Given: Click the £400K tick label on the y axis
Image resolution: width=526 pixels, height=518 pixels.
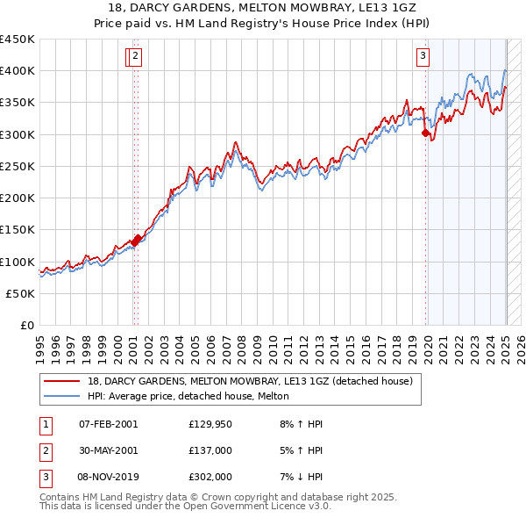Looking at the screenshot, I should [18, 71].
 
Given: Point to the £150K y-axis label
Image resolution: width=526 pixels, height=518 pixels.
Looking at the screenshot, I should [18, 230].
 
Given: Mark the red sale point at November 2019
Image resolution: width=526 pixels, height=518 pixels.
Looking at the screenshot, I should [425, 133].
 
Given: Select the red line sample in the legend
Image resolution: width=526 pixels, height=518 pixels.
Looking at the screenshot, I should [62, 381].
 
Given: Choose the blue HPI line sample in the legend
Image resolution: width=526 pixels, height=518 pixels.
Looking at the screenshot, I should [62, 396].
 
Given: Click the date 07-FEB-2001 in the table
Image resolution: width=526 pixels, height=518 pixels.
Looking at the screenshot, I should [109, 424].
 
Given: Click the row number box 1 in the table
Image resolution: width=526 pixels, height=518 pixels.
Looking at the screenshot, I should [45, 424].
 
